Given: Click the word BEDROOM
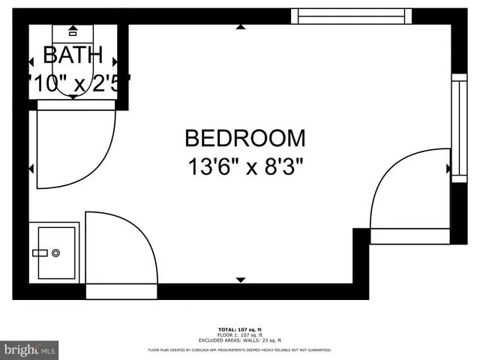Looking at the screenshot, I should coord(245,138).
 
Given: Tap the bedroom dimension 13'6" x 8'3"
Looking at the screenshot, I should coord(245,165).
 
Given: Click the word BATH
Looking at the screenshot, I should coord(73,55).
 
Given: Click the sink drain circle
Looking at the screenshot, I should coord(56,253).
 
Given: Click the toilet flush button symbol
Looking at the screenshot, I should coord(73,32).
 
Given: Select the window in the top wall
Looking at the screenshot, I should coord(351,16).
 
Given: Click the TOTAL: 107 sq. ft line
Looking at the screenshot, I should coord(239,329).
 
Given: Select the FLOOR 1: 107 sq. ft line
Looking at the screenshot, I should coord(239,334).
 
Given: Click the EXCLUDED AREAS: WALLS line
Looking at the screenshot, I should coord(239,340).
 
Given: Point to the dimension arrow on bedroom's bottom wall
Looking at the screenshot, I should coord(240,280).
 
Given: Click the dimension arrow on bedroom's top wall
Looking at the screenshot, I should coord(240,28).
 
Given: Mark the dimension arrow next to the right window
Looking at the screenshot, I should coord(448,169).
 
